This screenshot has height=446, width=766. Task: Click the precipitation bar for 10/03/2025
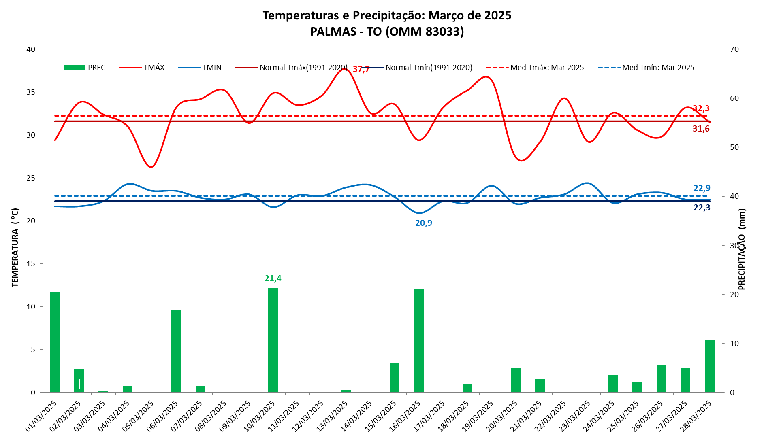tap(273, 340)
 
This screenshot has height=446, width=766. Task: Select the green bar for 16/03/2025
tap(419, 341)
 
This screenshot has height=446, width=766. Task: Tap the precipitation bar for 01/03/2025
tap(55, 342)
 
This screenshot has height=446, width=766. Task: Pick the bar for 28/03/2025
tap(710, 366)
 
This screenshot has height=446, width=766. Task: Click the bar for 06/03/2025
tap(176, 351)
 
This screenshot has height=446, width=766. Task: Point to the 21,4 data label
tap(273, 278)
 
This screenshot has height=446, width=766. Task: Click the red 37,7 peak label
tap(361, 69)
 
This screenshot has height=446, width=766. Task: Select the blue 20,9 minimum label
tap(424, 223)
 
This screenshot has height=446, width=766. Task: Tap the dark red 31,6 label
tap(701, 129)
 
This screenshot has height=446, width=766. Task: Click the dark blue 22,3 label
tap(702, 208)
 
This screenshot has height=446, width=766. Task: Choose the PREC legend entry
tap(85, 68)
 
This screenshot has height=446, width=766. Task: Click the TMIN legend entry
tap(200, 68)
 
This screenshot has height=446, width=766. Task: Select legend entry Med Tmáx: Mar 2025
tap(536, 68)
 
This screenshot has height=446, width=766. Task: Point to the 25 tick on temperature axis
tap(31, 178)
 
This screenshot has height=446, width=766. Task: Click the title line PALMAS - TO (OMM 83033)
tap(387, 32)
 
